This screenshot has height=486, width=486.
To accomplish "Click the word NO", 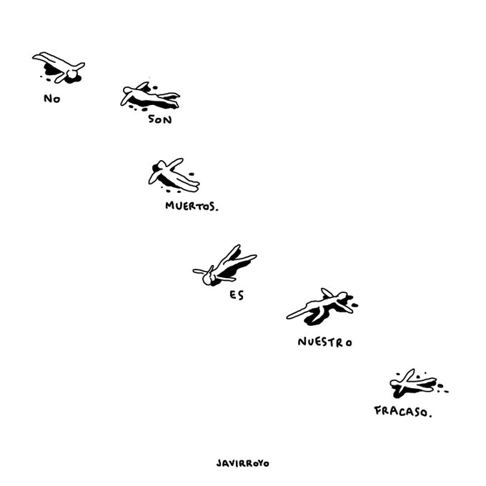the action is click(x=51, y=99).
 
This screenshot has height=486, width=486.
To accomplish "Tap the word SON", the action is click(x=160, y=119).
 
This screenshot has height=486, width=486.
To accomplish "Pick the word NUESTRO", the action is click(x=324, y=342).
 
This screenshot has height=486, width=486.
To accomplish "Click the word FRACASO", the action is click(x=402, y=411).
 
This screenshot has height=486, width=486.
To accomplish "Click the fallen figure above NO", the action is click(x=60, y=66).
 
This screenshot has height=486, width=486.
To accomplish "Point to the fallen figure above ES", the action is click(x=224, y=267).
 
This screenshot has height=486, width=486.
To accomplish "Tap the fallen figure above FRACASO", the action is click(x=414, y=385).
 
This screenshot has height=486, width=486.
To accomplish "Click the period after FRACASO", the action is click(x=431, y=415).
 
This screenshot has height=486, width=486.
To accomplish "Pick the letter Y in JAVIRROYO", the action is click(x=259, y=462).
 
